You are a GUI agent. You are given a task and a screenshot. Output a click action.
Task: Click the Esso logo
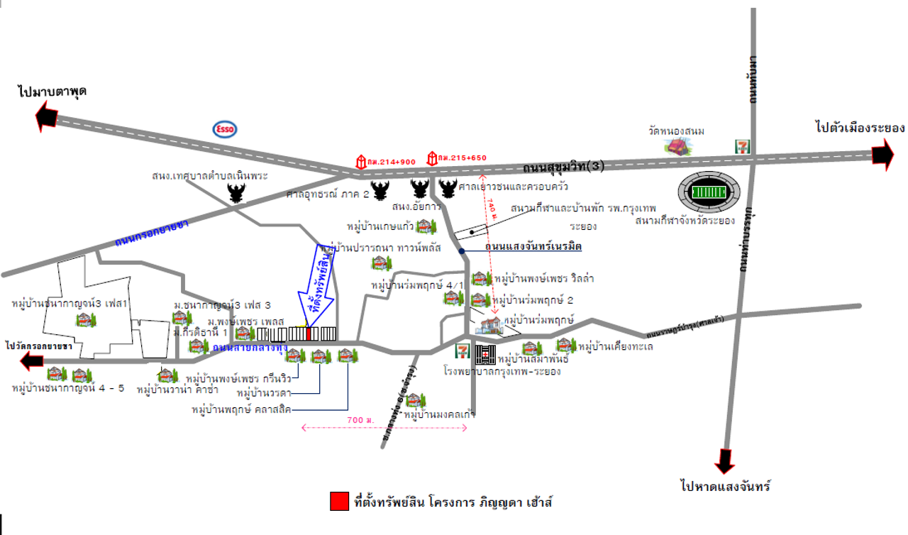(x=225, y=129)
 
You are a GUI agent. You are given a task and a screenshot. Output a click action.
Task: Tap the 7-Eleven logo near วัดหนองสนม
(x=741, y=147)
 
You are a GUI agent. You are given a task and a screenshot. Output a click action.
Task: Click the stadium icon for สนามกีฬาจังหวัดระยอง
(x=709, y=192)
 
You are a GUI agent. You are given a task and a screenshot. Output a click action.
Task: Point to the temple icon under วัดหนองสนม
(x=678, y=146)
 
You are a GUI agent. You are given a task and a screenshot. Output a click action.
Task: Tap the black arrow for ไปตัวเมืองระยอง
(x=882, y=153)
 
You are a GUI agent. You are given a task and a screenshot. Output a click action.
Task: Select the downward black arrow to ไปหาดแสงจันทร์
(x=725, y=461)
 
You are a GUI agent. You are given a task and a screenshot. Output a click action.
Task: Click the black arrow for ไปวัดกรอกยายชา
(x=32, y=362)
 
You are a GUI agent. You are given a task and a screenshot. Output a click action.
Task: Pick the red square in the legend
(x=339, y=501)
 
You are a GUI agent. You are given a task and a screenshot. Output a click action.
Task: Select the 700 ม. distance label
(x=360, y=421)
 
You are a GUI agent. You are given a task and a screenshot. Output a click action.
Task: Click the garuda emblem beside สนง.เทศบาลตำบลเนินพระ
(x=235, y=193)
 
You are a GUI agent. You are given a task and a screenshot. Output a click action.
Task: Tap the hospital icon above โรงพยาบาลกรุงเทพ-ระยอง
(x=486, y=353)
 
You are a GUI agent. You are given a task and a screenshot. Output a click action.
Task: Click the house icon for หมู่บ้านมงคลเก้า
(x=416, y=401)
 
